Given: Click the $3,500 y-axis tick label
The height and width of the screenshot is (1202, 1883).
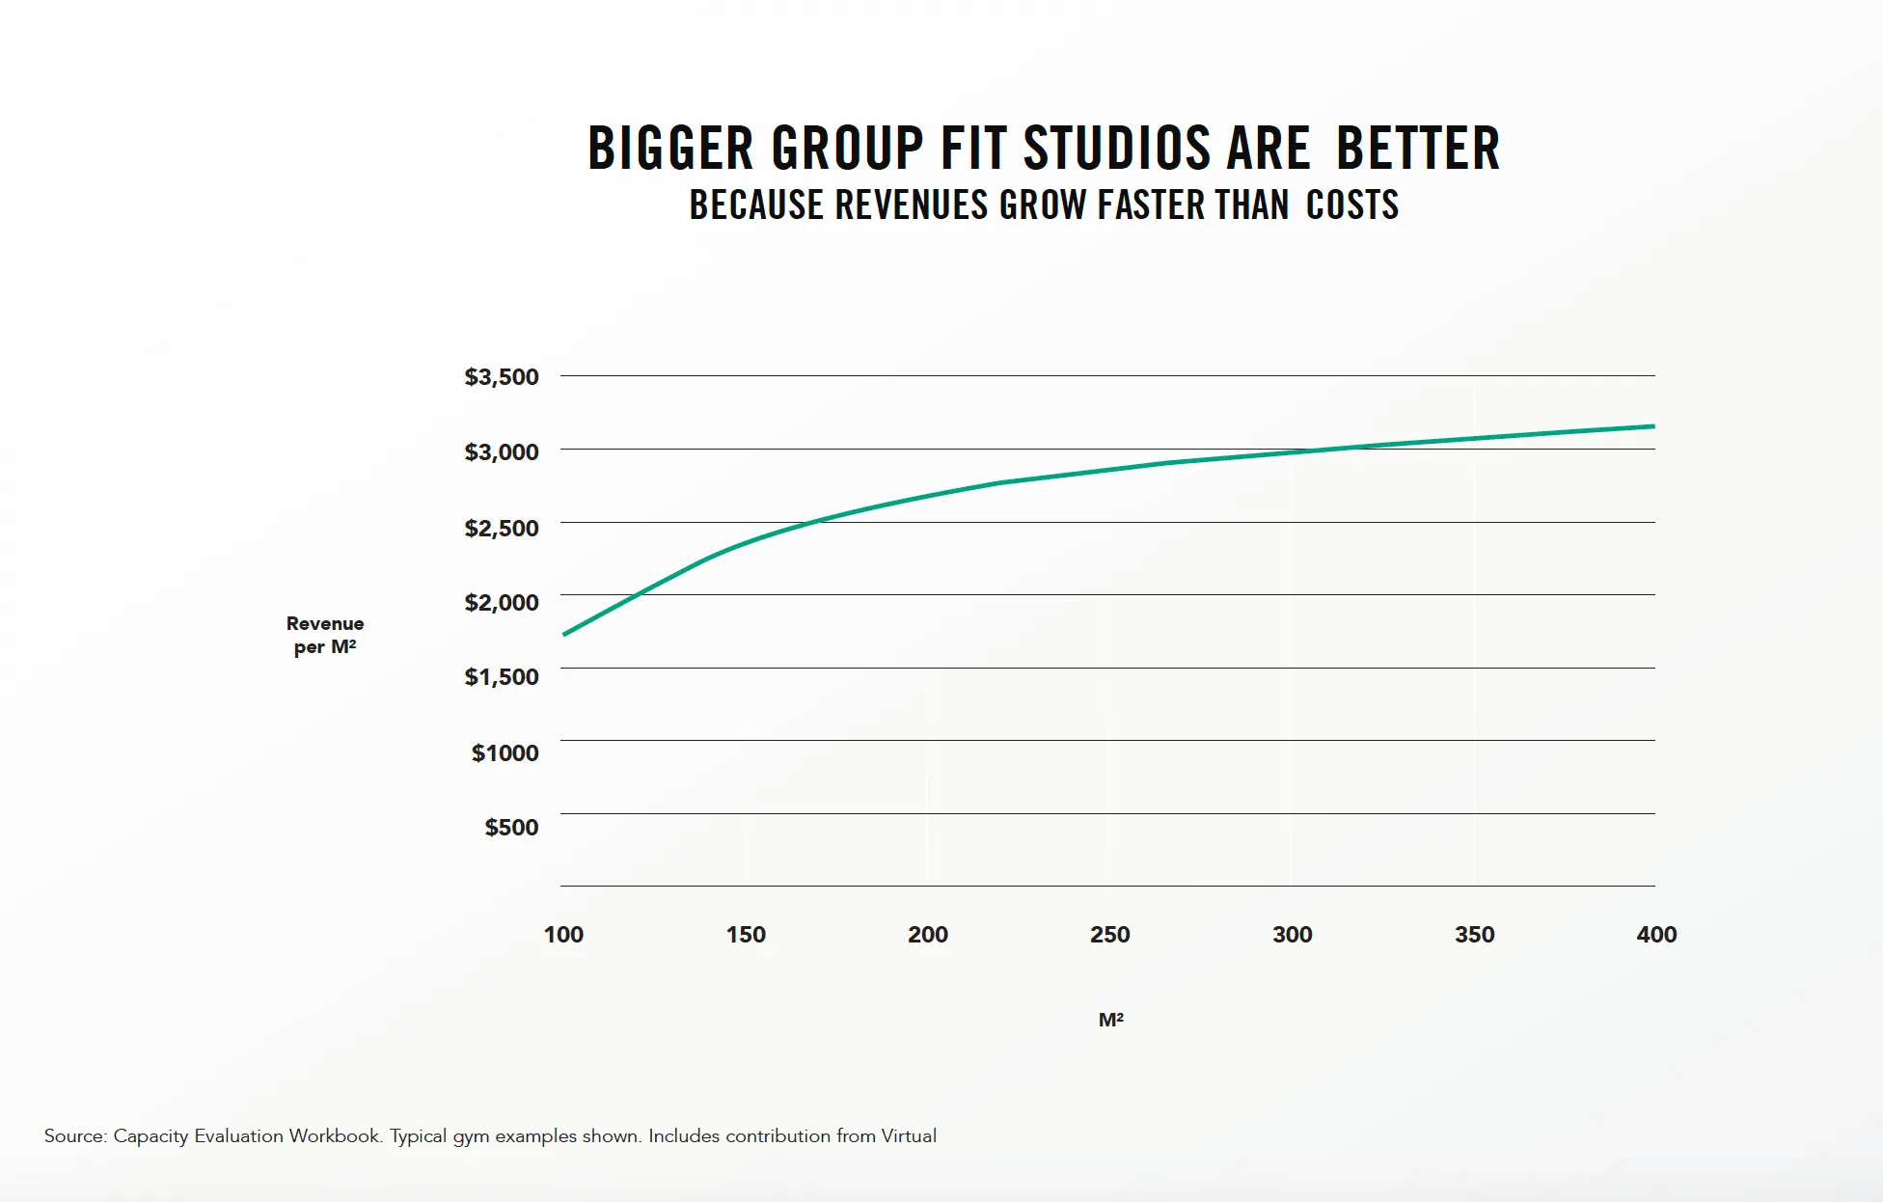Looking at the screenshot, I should pyautogui.click(x=501, y=377).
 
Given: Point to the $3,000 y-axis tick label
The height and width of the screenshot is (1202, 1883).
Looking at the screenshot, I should pyautogui.click(x=501, y=451).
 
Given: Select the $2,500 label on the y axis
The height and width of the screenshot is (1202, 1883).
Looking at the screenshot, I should pyautogui.click(x=501, y=528).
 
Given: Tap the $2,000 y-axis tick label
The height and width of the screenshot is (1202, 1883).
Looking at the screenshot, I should pyautogui.click(x=501, y=602).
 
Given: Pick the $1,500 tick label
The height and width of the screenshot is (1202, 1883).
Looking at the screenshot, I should pyautogui.click(x=501, y=676).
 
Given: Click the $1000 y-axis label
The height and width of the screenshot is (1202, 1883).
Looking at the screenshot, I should pyautogui.click(x=505, y=752).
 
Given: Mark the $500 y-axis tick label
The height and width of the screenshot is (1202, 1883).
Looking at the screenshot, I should pyautogui.click(x=511, y=827).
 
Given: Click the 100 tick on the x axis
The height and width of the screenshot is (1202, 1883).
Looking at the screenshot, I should pyautogui.click(x=563, y=934).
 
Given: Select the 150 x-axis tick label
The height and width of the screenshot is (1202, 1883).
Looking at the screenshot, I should pyautogui.click(x=746, y=934).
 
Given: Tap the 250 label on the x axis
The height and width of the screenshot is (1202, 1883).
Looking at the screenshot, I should pyautogui.click(x=1109, y=934).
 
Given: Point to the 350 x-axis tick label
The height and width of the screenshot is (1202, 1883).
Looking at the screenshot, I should pyautogui.click(x=1474, y=934).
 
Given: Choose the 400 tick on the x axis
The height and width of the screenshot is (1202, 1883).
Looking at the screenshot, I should pyautogui.click(x=1656, y=934).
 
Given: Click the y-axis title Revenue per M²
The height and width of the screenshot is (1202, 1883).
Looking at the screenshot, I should pyautogui.click(x=325, y=635).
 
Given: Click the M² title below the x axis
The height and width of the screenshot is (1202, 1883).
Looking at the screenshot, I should pyautogui.click(x=1110, y=1020).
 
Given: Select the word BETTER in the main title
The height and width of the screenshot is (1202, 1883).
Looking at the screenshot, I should pyautogui.click(x=1418, y=149).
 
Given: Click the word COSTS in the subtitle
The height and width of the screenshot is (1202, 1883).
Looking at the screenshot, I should pyautogui.click(x=1352, y=205).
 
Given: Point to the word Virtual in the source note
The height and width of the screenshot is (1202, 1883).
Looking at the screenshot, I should pyautogui.click(x=908, y=1135).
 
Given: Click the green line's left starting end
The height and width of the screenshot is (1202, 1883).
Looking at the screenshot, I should pyautogui.click(x=565, y=634).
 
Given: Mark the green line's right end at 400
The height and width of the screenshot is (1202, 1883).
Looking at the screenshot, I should pyautogui.click(x=1652, y=426).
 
